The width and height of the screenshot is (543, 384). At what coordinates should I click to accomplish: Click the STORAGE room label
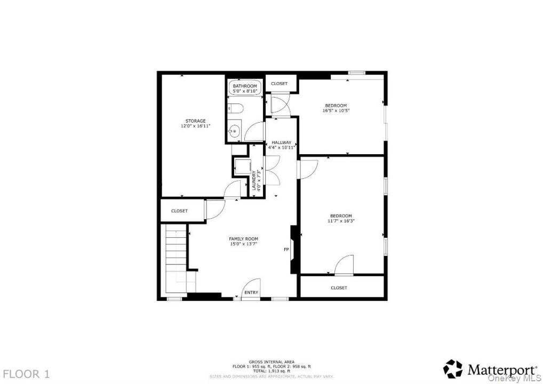[196, 121]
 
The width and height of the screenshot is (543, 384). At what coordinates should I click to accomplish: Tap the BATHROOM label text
[245, 86]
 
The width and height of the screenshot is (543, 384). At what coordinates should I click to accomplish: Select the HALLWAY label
[282, 142]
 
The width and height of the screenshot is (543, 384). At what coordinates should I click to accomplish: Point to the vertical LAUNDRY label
[254, 180]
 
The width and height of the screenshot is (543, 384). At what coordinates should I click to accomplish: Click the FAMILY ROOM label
[243, 239]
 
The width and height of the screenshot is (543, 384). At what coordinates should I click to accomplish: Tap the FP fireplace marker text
[286, 249]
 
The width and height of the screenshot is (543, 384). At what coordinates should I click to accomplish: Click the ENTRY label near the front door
[251, 293]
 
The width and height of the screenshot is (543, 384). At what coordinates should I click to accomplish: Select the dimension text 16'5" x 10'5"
[336, 111]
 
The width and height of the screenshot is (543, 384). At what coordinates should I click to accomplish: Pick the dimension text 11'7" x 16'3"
[341, 221]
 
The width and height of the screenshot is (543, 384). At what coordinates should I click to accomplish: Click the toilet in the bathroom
[235, 109]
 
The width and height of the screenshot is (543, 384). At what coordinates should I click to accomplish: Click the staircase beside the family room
[177, 258]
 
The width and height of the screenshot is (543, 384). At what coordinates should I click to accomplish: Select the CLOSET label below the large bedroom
[339, 288]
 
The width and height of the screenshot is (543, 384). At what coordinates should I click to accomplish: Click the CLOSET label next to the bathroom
[280, 83]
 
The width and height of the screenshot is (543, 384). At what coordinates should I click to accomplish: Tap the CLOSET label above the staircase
[179, 211]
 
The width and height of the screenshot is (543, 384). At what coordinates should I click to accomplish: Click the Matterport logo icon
[453, 369]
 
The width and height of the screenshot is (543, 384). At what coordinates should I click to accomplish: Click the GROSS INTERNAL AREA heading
[271, 362]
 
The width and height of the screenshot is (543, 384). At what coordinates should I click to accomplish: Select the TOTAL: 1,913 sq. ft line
[271, 371]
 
